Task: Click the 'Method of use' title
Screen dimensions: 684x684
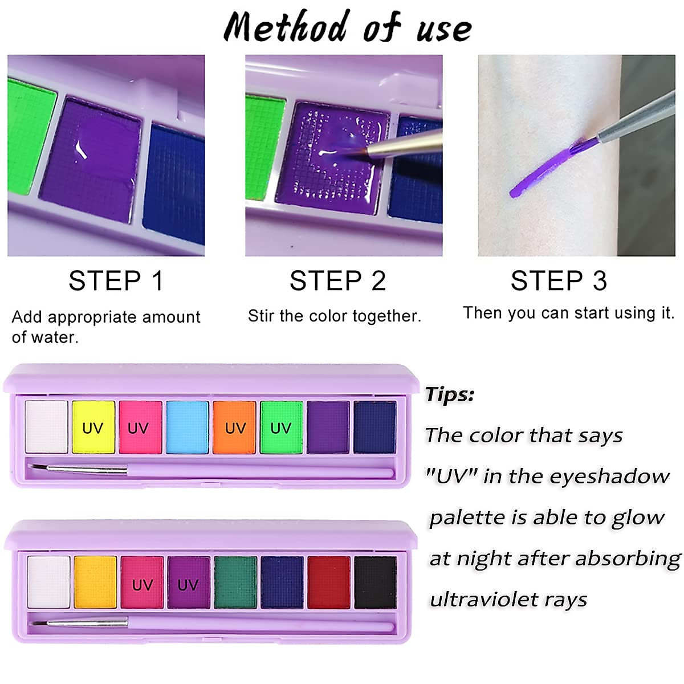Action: coord(348,26)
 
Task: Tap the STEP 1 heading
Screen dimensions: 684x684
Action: coord(116,281)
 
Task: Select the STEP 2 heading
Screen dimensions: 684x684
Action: coord(337,281)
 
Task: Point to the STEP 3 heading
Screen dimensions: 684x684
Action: coord(559,281)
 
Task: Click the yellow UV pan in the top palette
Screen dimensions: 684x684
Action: coord(93,427)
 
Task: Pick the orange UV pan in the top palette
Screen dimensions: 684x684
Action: coord(234,427)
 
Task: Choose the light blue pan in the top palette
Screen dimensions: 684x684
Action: coord(187,427)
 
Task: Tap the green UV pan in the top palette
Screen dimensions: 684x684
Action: coord(281,427)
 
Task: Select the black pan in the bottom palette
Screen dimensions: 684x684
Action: coord(375,583)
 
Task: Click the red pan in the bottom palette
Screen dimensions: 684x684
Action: coord(329,583)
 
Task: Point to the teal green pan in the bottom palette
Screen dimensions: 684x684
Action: coord(235,583)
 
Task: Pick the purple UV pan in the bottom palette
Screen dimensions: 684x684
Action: coord(189,583)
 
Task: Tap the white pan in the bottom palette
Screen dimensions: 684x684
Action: coord(48,583)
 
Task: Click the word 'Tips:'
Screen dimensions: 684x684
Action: coord(450,394)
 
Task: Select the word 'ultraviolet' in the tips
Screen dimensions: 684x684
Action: coord(483,600)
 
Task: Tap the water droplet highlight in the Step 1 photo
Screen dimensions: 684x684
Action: coord(80,149)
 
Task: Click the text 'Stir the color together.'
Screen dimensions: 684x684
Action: coord(335,316)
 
